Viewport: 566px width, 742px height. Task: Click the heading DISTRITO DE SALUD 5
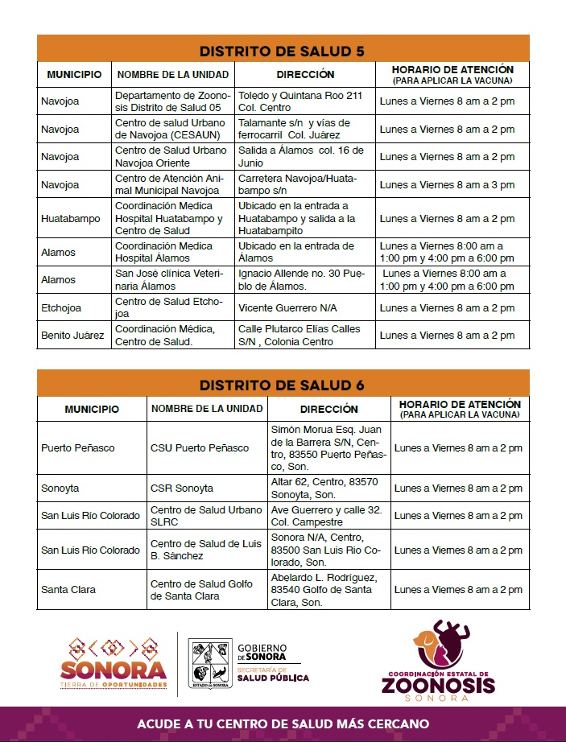(282, 51)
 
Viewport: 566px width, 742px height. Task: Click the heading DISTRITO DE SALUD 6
(282, 385)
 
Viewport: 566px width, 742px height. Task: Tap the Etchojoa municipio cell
(60, 307)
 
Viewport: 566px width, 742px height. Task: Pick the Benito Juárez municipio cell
(72, 335)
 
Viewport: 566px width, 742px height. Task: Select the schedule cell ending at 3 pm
(447, 184)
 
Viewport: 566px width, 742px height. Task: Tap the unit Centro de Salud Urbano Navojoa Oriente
(171, 156)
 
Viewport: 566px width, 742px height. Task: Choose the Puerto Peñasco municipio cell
(78, 447)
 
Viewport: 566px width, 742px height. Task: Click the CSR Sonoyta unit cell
(182, 488)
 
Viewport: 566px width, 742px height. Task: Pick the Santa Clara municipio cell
(68, 589)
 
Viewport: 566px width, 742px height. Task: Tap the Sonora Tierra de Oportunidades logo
(114, 662)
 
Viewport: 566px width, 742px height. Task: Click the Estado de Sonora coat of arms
(209, 662)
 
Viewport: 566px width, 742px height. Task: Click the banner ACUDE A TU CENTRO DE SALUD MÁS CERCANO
(282, 723)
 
